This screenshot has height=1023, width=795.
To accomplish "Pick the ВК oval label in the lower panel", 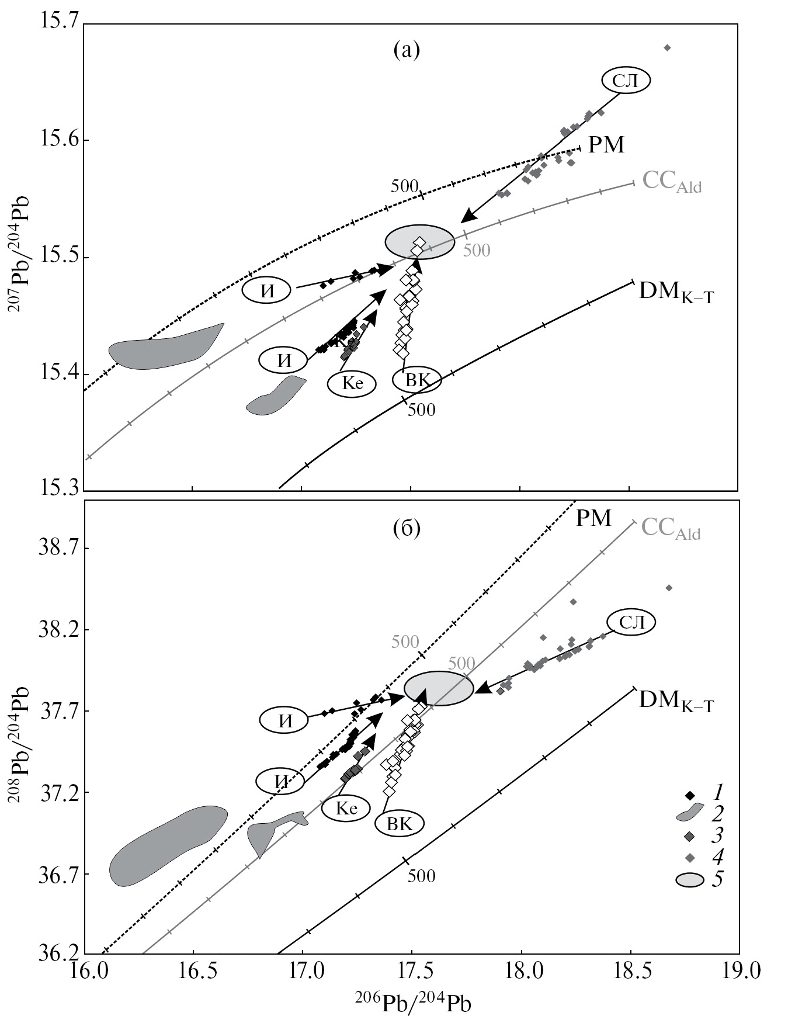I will pyautogui.click(x=400, y=824).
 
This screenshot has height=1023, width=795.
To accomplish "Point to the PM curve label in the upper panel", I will pyautogui.click(x=606, y=145).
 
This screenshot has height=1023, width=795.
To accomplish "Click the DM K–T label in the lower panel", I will pyautogui.click(x=676, y=699).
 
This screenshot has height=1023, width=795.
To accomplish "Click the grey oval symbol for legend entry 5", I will pyautogui.click(x=690, y=880).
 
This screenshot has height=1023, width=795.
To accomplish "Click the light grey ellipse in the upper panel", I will pyautogui.click(x=419, y=242).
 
